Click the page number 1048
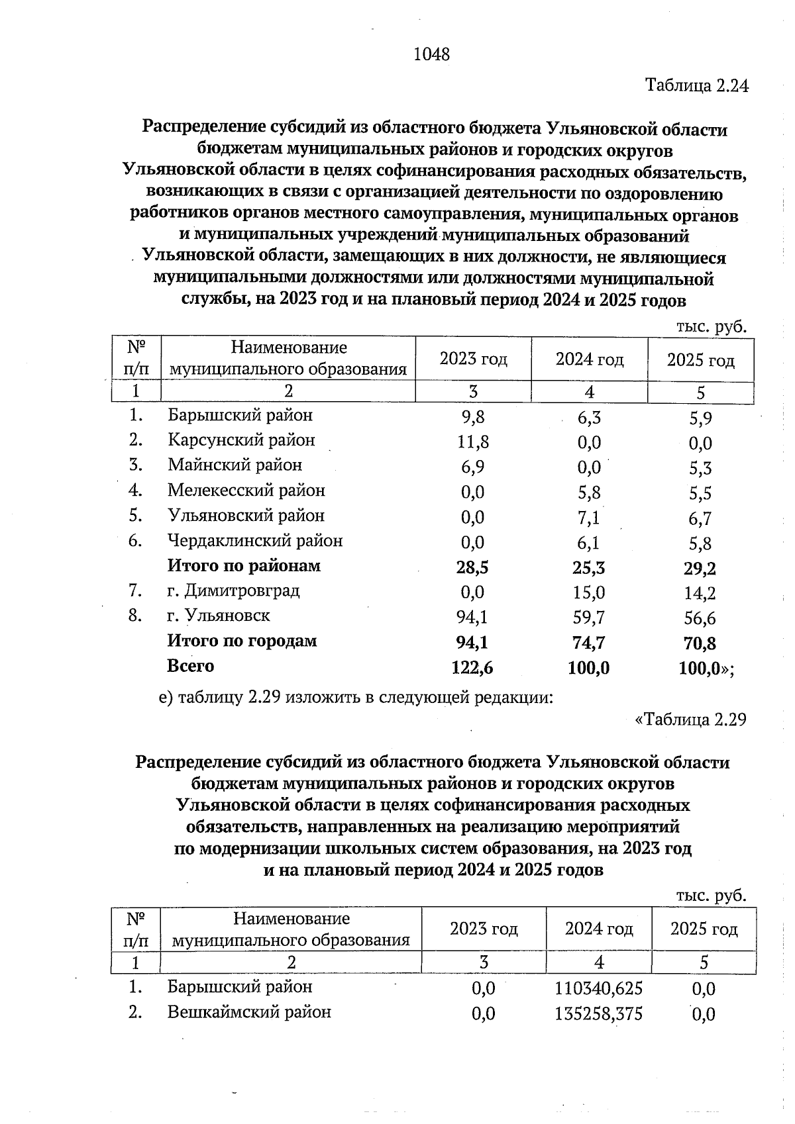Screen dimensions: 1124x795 pos(431,55)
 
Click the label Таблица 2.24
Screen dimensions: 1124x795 pos(696,86)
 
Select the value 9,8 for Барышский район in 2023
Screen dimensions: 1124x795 pos(473,417)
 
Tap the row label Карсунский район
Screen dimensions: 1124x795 pos(241,440)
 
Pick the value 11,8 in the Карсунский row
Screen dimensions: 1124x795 pos(473,442)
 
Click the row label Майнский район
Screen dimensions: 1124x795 pos(235,465)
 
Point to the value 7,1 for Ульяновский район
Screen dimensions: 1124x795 pos(588,518)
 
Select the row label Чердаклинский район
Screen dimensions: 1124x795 pos(255,541)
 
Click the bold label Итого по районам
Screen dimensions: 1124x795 pos(244,566)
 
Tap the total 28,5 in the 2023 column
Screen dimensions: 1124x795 pos(473,568)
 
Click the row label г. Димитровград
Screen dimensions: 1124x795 pos(233,590)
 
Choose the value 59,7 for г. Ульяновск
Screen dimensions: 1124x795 pos(588,618)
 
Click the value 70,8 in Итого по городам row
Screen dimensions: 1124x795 pos(700,643)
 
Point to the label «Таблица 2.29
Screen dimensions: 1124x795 pos(690,720)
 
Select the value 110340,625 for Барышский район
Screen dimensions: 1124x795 pos(598,989)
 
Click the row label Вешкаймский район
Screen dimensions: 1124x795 pos(249,1012)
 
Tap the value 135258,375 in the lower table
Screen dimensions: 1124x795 pos(598,1014)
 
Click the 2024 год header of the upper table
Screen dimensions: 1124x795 pos(589,359)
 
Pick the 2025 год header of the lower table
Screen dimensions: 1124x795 pos(704,929)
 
